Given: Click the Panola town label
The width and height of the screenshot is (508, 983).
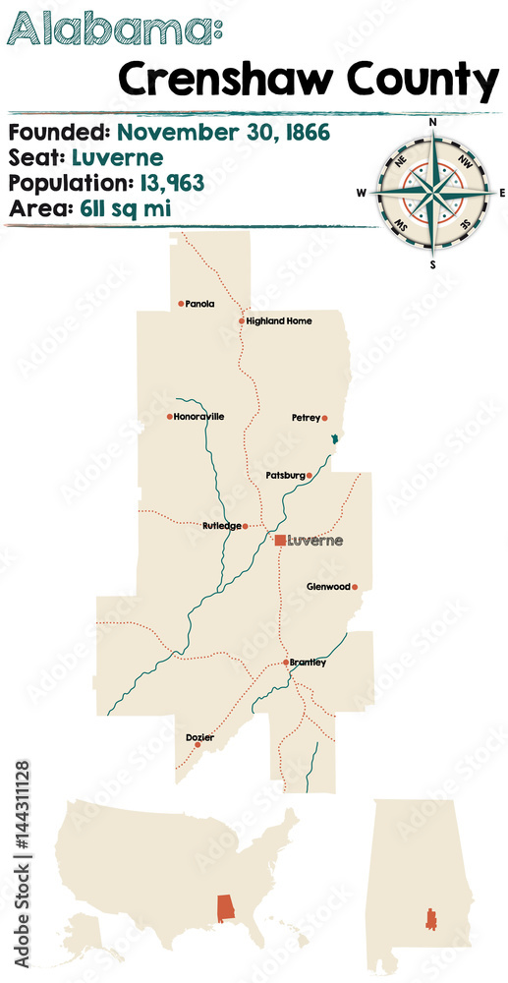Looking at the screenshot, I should click(199, 304).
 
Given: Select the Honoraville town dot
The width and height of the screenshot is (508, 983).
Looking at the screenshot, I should click(170, 417).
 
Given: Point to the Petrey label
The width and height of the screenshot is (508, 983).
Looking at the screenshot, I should click(306, 418).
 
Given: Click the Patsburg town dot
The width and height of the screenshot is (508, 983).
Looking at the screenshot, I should click(310, 476).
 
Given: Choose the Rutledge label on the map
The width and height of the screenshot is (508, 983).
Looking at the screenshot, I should click(221, 526).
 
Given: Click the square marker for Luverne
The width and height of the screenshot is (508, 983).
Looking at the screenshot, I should click(280, 541).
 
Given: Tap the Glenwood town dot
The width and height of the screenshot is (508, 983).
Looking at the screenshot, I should click(355, 587).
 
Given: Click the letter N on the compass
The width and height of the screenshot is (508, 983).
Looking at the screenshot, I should click(431, 122).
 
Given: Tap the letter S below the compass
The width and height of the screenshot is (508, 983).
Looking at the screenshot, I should click(431, 262).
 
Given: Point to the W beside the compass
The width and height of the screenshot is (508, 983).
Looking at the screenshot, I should click(362, 193).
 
